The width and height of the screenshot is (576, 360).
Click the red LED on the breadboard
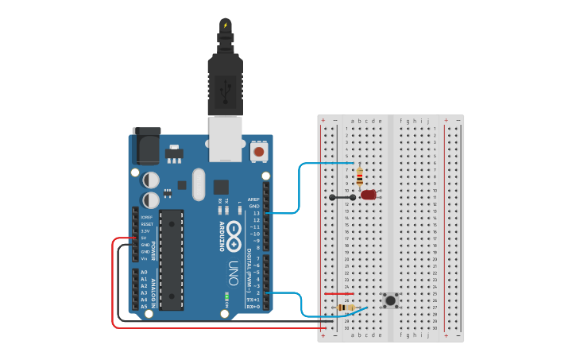(x=369, y=195)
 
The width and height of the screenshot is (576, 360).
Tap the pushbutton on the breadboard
(x=390, y=300)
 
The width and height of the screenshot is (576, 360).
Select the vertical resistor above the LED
(x=359, y=177)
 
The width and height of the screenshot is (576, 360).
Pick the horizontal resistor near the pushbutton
(x=346, y=307)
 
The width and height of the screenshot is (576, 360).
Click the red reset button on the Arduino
(x=259, y=150)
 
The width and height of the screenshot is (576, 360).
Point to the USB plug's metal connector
(x=225, y=138)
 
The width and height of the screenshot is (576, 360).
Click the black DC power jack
(x=146, y=145)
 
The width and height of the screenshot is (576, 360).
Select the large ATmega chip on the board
(x=171, y=259)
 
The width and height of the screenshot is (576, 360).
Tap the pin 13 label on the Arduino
(x=255, y=213)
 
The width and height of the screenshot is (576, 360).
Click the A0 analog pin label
(x=144, y=273)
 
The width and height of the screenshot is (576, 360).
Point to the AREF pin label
(x=253, y=199)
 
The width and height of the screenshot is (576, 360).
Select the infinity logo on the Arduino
(x=234, y=233)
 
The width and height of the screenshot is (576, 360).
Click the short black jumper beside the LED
(x=342, y=196)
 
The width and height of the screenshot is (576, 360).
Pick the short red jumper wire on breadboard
(x=338, y=294)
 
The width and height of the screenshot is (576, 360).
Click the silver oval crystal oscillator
(x=199, y=184)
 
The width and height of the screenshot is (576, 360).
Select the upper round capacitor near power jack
(x=151, y=180)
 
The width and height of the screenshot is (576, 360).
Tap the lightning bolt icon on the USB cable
(x=225, y=25)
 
